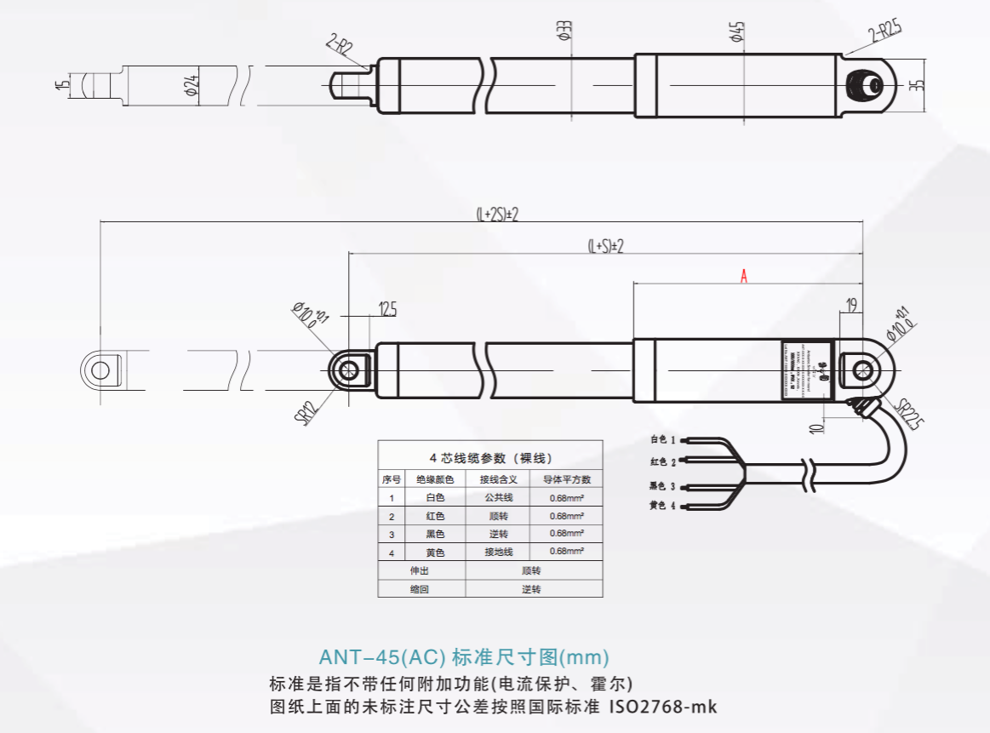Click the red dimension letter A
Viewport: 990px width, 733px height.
click(x=744, y=276)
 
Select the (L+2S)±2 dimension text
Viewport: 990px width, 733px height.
click(x=496, y=215)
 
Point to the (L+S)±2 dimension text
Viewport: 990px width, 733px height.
click(x=606, y=246)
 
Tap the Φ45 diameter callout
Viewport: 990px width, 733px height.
click(x=736, y=32)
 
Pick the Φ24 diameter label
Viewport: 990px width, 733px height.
click(x=191, y=84)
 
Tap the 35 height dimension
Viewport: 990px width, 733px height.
click(x=916, y=84)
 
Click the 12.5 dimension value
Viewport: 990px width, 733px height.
click(x=387, y=310)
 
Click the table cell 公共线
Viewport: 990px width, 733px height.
click(x=498, y=497)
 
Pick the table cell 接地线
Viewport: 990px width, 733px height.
click(x=498, y=552)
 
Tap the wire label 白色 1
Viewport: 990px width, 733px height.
click(x=662, y=440)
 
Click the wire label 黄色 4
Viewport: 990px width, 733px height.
click(x=662, y=506)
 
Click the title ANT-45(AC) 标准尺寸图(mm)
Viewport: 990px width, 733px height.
click(x=464, y=657)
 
